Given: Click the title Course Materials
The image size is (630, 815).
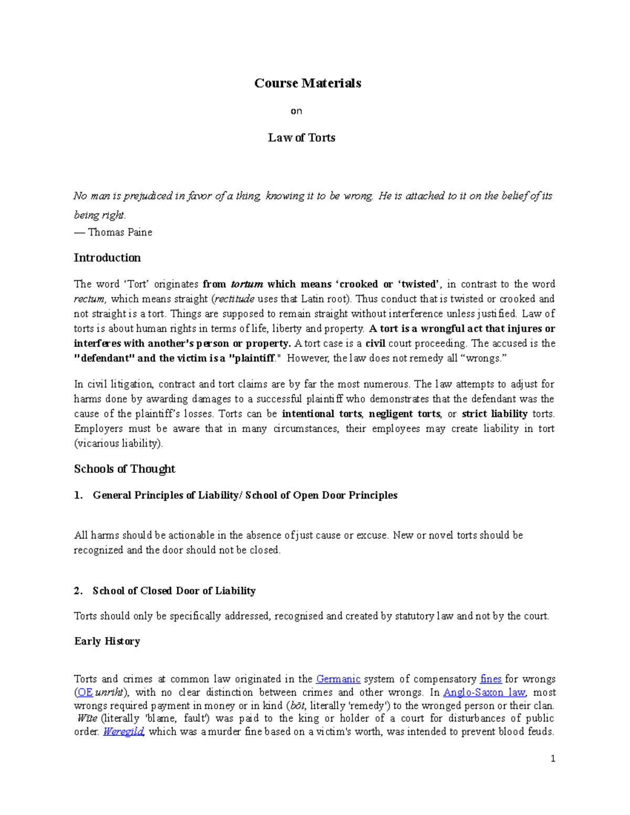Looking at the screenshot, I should (x=308, y=83).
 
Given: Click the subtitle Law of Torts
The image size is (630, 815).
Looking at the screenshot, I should (x=301, y=138).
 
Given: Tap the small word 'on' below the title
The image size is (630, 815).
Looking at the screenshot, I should (x=297, y=111).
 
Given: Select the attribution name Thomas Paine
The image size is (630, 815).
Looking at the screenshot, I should (x=120, y=232).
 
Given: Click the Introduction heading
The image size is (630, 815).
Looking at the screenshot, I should (x=107, y=258).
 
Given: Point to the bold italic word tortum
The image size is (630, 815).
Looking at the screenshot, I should (x=247, y=284).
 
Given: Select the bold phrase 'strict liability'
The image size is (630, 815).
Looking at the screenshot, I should (x=494, y=414).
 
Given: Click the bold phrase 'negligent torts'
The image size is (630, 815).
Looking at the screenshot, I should (x=405, y=414).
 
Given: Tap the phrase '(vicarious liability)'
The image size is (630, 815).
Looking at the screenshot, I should (x=119, y=443).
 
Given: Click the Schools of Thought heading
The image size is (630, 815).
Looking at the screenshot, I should (x=124, y=469).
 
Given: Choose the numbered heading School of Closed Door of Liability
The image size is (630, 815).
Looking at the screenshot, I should (x=174, y=591).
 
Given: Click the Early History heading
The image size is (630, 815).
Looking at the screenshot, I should (x=107, y=641).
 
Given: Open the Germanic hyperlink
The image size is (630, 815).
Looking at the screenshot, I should (x=338, y=679).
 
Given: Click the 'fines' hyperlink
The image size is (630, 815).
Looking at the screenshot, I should (x=491, y=679).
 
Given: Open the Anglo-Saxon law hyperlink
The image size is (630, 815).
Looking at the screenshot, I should (x=484, y=693).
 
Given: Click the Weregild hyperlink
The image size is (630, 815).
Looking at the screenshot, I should (x=123, y=732).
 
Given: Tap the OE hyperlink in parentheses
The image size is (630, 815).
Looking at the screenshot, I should (x=85, y=693).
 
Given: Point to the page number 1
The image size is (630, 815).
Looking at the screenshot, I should (x=553, y=759).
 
